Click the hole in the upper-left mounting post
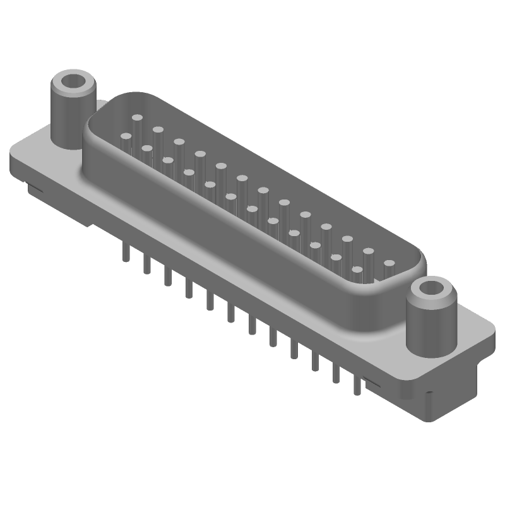click(x=74, y=81)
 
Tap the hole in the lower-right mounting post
click(x=433, y=288)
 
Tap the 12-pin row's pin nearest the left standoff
click(x=126, y=136)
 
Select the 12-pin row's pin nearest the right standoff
click(x=357, y=270)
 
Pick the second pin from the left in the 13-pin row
click(x=158, y=130)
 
